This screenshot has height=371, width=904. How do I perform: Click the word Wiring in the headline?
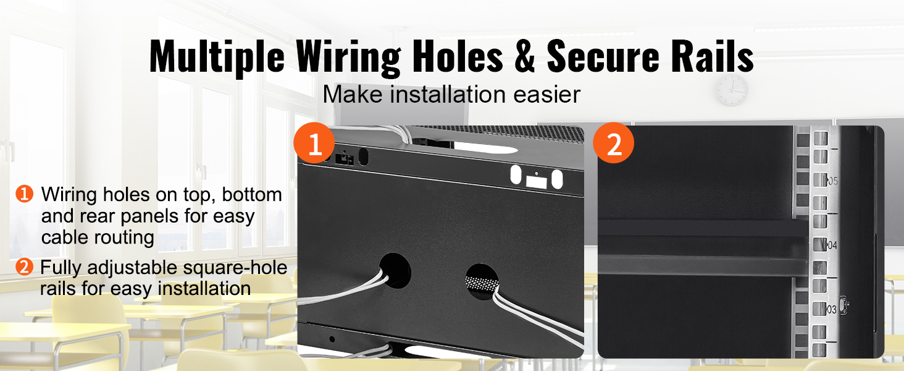point(348,58)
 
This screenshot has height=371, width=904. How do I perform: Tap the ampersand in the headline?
point(524,56)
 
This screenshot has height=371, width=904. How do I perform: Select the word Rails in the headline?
point(711,56)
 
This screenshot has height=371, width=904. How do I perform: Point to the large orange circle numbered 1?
point(314,143)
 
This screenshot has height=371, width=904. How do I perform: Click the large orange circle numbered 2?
point(613,143)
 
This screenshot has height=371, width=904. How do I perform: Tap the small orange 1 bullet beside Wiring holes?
point(24,194)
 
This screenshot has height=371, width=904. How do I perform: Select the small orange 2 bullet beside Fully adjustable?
point(24,267)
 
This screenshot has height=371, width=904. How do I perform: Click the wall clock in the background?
point(732,90)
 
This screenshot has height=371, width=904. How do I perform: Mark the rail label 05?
point(832,181)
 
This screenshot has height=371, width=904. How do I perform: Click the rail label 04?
point(832,245)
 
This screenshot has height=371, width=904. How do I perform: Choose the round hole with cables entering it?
point(395,271)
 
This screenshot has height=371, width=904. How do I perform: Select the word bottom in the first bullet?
point(252,194)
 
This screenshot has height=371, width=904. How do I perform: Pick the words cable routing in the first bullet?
point(98,237)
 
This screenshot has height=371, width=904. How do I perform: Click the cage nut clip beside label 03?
point(843,305)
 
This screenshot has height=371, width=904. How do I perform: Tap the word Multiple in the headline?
point(217,58)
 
